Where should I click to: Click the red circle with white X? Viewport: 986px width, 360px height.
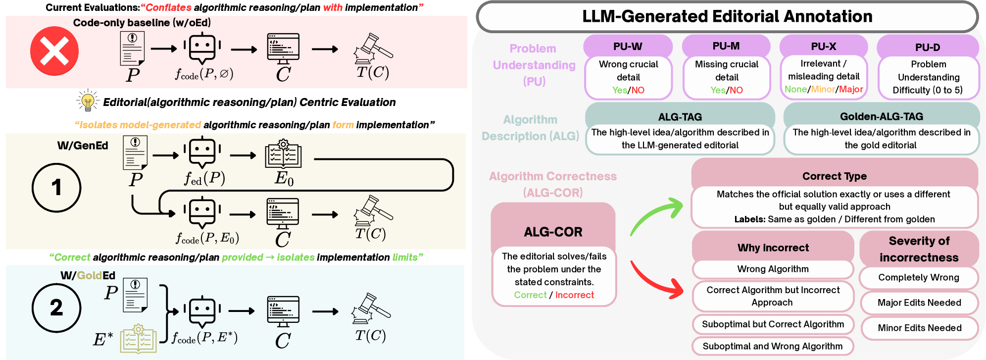click(54, 51)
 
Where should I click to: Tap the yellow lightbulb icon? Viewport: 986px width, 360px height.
click(88, 101)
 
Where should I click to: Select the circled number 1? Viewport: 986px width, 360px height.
click(56, 188)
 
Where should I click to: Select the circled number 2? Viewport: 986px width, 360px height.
click(56, 308)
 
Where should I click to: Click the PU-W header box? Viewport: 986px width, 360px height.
click(628, 47)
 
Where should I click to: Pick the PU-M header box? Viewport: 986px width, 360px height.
click(726, 46)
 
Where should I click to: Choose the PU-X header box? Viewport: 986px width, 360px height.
click(824, 47)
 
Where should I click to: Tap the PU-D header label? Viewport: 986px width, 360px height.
click(928, 48)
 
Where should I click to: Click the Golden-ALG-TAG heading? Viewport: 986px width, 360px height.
click(882, 116)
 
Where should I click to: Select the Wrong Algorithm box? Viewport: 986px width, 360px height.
click(773, 269)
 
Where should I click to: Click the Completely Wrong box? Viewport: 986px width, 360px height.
click(919, 278)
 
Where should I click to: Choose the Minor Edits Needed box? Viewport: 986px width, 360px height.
click(919, 328)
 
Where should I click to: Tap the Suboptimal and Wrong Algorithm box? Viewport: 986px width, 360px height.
click(772, 346)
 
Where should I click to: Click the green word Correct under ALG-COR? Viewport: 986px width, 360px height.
click(530, 295)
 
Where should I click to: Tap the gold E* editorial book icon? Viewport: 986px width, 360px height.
click(139, 339)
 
